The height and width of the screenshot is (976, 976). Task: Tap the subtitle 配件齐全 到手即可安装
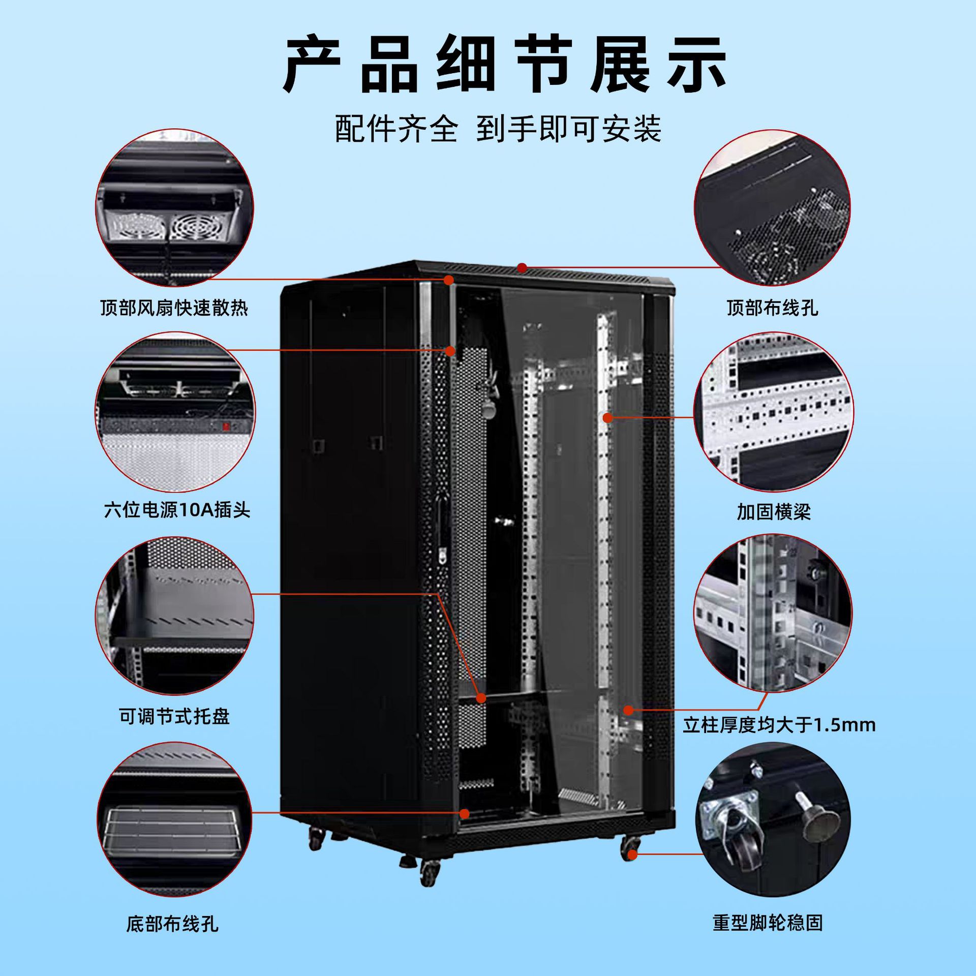coord(498,129)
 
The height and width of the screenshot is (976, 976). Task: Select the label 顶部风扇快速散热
coord(174,308)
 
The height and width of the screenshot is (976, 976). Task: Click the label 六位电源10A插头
coord(177,510)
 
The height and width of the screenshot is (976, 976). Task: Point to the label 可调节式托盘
coord(174,717)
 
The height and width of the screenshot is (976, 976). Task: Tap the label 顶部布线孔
coord(772,308)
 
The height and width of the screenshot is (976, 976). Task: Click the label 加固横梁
coord(773,512)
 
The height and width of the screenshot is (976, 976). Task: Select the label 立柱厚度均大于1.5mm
coord(779,724)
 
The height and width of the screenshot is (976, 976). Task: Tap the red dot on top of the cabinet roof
coord(522,267)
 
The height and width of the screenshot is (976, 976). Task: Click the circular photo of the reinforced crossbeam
coord(773,413)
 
